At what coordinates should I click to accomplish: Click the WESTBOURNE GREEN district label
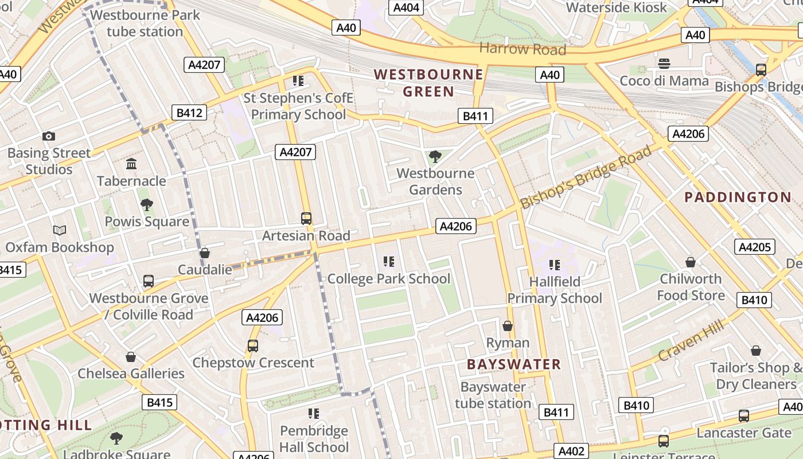[428, 83]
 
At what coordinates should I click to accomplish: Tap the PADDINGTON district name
[738, 197]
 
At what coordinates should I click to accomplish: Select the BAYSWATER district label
[513, 364]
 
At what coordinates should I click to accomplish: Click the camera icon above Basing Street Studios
[49, 136]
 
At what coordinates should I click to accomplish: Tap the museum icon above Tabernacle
[131, 164]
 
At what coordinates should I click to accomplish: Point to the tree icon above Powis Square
[147, 204]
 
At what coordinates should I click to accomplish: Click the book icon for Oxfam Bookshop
[60, 231]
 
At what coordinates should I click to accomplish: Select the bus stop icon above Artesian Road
[306, 219]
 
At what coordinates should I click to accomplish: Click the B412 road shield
[189, 112]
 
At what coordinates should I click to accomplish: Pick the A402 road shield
[571, 451]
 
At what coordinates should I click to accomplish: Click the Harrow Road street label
[522, 49]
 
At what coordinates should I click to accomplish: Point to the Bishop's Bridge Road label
[586, 177]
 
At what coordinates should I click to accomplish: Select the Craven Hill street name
[691, 340]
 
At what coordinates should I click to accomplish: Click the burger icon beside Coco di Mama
[664, 63]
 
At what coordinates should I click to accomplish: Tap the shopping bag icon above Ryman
[508, 326]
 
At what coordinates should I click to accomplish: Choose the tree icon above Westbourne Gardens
[435, 156]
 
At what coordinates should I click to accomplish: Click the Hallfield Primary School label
[555, 290]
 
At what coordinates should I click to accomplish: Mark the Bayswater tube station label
[493, 395]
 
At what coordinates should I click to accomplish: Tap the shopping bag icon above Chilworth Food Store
[691, 262]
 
